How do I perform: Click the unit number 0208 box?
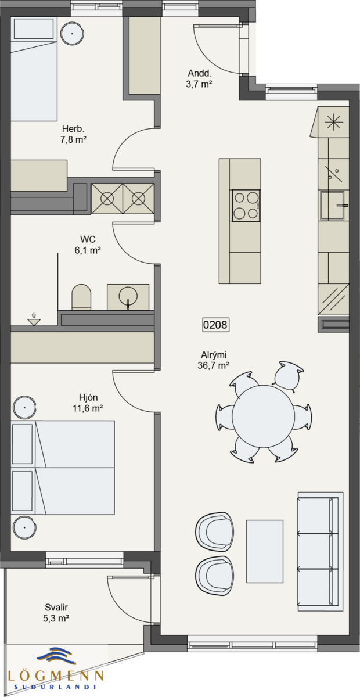click(x=215, y=325)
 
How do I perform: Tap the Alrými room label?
click(x=214, y=355)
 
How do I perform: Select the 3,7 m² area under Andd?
click(x=199, y=84)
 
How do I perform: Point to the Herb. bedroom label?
click(x=73, y=128)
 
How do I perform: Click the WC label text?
click(x=88, y=239)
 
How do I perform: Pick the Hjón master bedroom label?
click(x=88, y=397)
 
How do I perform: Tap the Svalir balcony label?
click(x=56, y=607)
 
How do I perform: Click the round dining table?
click(x=263, y=416)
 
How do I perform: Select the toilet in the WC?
click(x=81, y=297)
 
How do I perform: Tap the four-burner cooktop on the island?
click(x=246, y=206)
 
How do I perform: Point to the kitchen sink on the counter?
click(x=333, y=206)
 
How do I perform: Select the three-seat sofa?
click(x=321, y=552)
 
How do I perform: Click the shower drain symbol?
click(x=34, y=320)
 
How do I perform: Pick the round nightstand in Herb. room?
click(x=72, y=33)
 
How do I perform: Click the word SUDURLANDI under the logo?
click(x=55, y=687)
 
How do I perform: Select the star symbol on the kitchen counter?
click(x=334, y=121)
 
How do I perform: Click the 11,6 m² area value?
click(x=88, y=408)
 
